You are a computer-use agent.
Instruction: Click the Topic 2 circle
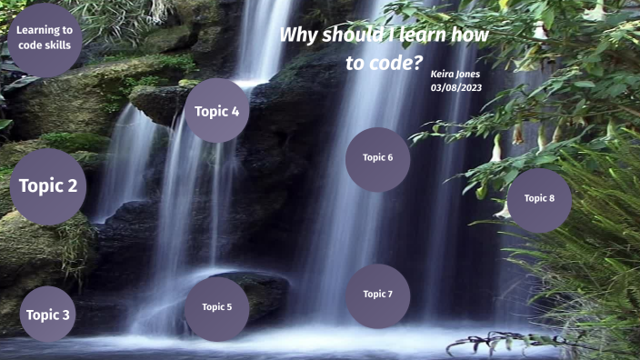click(x=47, y=187)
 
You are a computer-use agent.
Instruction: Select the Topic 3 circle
click(x=47, y=315)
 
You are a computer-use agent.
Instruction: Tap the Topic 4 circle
click(x=216, y=111)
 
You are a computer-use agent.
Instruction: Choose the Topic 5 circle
click(x=216, y=307)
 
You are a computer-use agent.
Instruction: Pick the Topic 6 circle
click(x=377, y=158)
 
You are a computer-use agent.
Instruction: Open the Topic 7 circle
click(x=377, y=295)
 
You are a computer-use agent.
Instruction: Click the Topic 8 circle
click(x=539, y=199)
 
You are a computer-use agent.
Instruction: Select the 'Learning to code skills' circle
click(x=44, y=40)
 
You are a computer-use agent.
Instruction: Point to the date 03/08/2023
click(x=456, y=87)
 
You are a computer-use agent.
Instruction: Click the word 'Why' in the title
click(x=295, y=35)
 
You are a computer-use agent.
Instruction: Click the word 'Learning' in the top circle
click(x=45, y=30)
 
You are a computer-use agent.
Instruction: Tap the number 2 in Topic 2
click(x=72, y=186)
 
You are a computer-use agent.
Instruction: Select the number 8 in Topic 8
click(x=552, y=198)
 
